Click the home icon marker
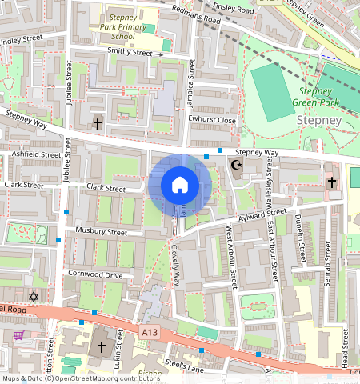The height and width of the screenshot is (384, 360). [x=180, y=186]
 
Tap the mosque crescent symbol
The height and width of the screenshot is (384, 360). [x=235, y=166]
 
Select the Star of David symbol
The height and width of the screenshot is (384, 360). [x=34, y=297]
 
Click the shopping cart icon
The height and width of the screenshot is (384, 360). [x=18, y=335]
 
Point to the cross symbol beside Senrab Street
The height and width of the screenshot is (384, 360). [x=332, y=182]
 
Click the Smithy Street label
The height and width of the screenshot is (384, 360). [x=130, y=52]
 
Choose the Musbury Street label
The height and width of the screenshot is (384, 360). [x=101, y=232]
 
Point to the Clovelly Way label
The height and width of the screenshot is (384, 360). [x=175, y=267]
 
